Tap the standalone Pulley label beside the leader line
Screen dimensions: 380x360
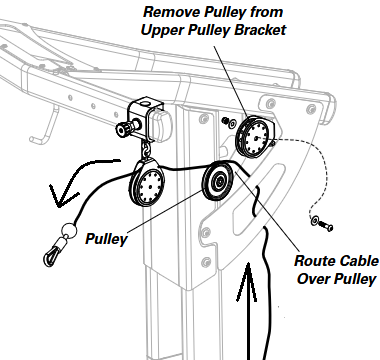[107, 239]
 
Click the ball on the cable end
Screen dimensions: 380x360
[69, 230]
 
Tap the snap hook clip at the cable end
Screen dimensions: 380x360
[53, 253]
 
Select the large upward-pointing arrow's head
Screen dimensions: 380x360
[247, 282]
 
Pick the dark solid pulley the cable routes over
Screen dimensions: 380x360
[218, 181]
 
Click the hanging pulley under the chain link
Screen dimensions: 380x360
[147, 183]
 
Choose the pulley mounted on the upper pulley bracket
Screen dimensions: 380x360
[255, 137]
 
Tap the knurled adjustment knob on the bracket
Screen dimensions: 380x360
[124, 129]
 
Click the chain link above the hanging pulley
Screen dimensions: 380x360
[146, 150]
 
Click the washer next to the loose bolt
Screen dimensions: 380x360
[314, 220]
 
